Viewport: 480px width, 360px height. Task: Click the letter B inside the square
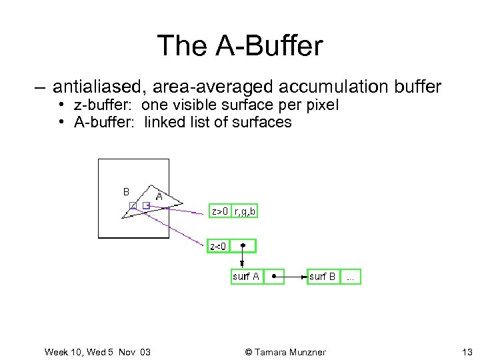pos(126,191)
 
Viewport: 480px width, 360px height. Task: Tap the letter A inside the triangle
pos(159,196)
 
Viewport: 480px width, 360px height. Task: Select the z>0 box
pos(220,211)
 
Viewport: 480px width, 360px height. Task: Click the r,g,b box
pos(244,211)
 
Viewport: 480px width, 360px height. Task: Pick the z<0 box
pos(218,246)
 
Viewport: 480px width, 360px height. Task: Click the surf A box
pos(246,277)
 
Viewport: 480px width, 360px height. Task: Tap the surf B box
pos(323,277)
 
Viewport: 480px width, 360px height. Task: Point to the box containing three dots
pos(350,277)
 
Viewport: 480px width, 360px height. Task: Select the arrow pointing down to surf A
pos(242,257)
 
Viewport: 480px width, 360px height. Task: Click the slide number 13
pos(466,351)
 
